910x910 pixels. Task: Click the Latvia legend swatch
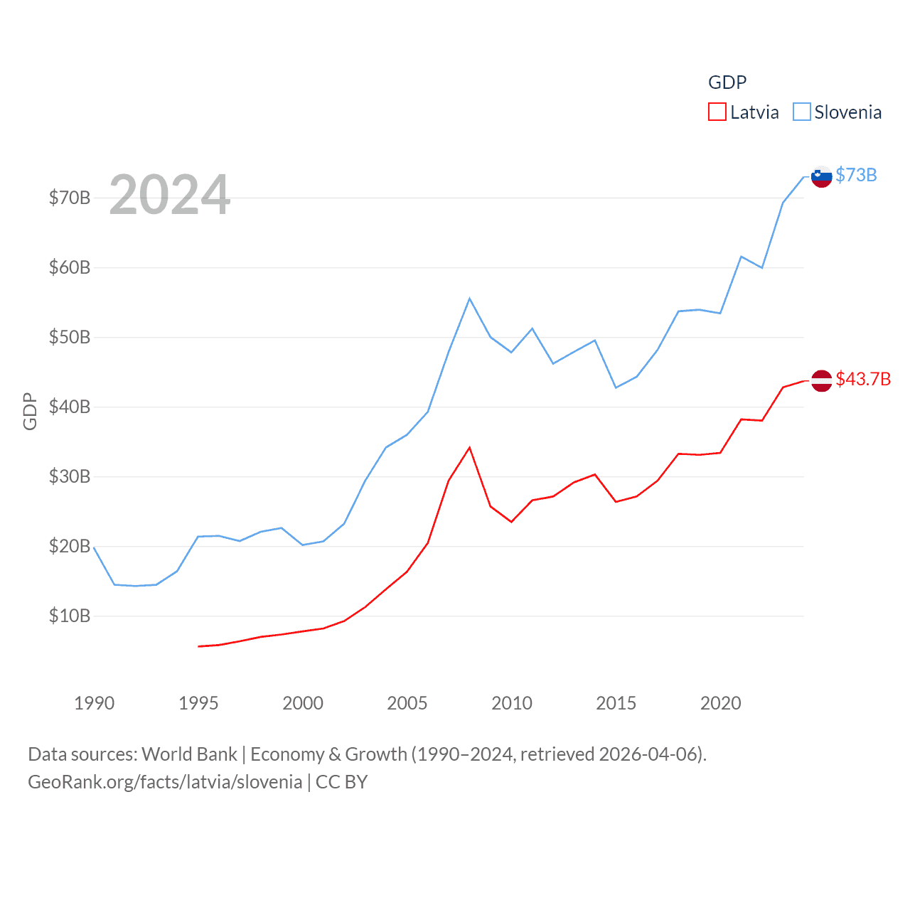tap(717, 112)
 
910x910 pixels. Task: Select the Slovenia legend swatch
tap(801, 112)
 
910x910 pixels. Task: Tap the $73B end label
tap(856, 175)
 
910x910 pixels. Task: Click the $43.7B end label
tap(863, 379)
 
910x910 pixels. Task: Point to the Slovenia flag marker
tap(821, 176)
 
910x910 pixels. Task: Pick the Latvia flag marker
tap(821, 380)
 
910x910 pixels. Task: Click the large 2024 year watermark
tap(169, 194)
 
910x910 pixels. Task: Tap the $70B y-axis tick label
tap(70, 198)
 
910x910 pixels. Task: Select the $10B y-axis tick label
tap(70, 616)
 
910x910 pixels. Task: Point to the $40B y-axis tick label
tap(70, 407)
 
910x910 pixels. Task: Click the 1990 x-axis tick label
tap(94, 703)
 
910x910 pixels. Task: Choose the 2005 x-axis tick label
tap(407, 703)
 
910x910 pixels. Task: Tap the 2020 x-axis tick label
tap(721, 703)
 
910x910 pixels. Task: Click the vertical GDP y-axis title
tap(30, 411)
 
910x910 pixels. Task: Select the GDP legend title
tap(727, 82)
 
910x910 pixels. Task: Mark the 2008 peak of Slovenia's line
tap(470, 299)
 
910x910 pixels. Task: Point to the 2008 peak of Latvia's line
tap(470, 448)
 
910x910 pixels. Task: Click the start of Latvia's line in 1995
tap(198, 646)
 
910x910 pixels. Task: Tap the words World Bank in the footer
tap(189, 754)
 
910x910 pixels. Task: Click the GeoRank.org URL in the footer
tap(165, 782)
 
